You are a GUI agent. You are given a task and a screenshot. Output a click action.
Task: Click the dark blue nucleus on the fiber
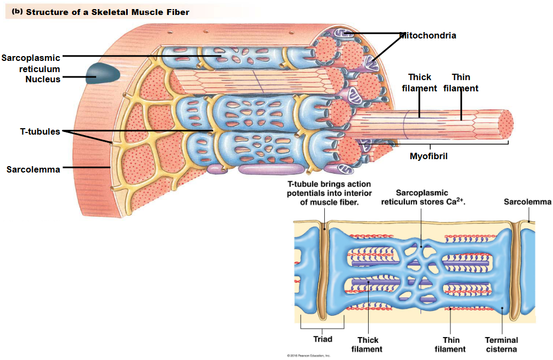point(96,73)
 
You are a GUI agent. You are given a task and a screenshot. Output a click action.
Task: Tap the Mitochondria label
point(427,36)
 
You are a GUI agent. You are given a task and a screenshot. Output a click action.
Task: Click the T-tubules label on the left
point(37,131)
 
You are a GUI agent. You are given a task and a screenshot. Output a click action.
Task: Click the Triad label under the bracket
point(322,339)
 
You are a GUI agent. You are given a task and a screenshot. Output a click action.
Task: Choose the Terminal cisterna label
point(501,345)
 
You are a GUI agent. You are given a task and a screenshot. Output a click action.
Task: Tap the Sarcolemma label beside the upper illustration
point(33,169)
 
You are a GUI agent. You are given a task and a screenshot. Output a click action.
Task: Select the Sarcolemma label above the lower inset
point(527,201)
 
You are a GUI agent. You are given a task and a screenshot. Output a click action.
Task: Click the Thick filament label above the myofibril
point(419,83)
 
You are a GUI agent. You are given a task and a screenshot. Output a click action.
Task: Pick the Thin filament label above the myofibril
point(461,83)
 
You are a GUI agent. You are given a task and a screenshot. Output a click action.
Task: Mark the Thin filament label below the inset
point(450,345)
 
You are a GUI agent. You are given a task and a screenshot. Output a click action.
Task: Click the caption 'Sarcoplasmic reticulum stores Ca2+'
point(422,197)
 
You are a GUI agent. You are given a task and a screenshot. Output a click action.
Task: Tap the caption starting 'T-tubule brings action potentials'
point(329,193)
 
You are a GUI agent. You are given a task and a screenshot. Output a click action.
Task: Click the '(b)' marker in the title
point(17,11)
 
